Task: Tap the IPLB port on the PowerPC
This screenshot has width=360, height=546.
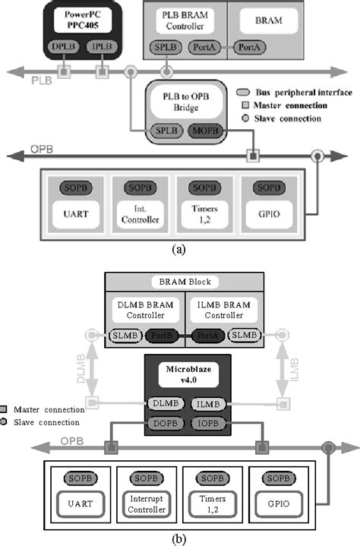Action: point(101,47)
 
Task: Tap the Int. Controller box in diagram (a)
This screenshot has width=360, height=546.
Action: point(138,215)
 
